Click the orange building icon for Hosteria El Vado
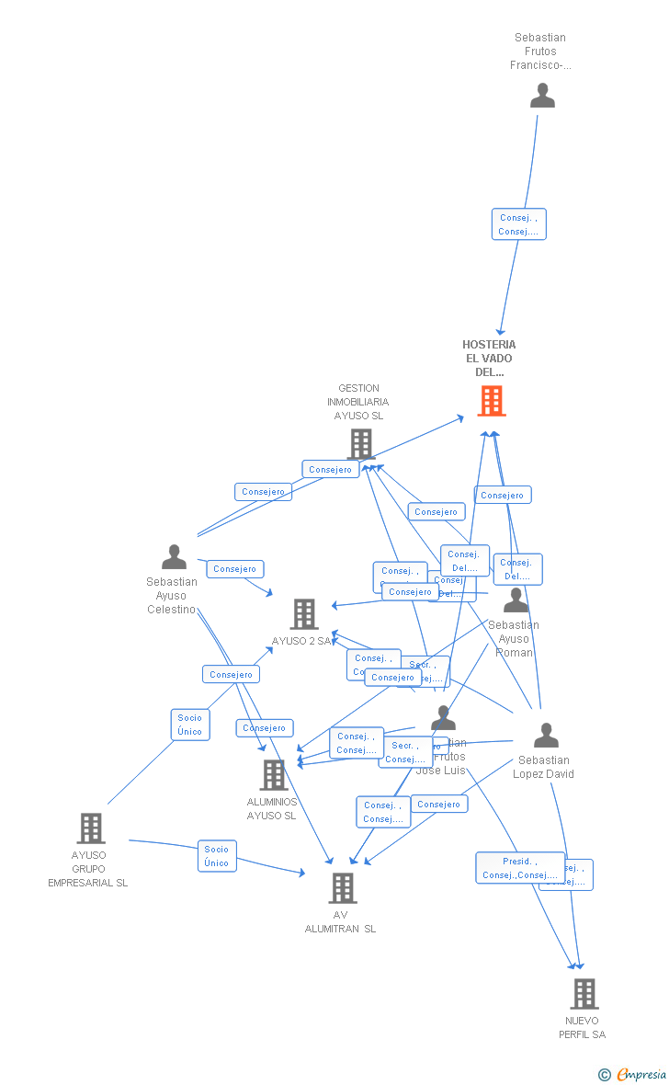point(492,401)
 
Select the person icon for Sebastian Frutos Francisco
point(542,96)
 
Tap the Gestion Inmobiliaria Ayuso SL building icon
point(360,443)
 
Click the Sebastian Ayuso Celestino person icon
point(174,557)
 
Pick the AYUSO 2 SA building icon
point(303,614)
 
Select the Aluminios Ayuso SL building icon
point(273,775)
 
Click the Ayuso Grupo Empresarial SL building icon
point(90,828)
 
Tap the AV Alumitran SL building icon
point(342,888)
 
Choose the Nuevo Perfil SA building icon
point(584,994)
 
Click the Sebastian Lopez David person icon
point(546,736)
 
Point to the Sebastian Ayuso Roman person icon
point(516,600)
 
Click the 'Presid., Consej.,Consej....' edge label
point(520,868)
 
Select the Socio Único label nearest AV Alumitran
point(217,856)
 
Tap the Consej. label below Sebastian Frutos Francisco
point(518,224)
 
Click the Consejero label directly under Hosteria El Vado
point(503,495)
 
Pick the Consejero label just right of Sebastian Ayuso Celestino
point(234,569)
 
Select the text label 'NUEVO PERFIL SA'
point(582,1028)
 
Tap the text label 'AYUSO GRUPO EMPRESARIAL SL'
point(88,869)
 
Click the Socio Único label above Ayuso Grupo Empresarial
point(190,725)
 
